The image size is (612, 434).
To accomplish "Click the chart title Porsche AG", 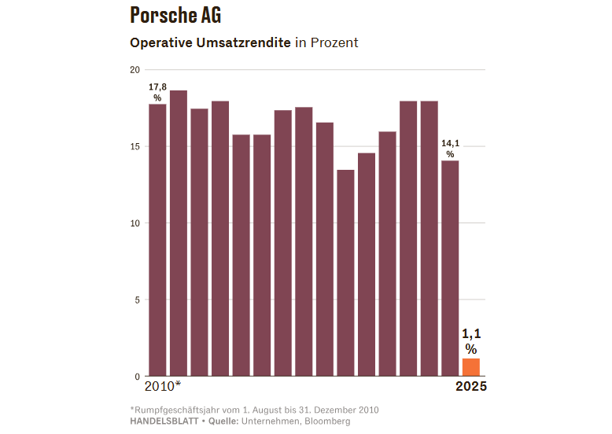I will pos(175,15).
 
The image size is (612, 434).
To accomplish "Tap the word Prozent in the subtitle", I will pos(334,42).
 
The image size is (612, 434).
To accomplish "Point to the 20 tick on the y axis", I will pos(135,70).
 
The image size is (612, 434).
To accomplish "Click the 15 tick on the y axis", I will pos(135,147).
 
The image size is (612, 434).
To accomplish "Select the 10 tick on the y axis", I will pos(135,223).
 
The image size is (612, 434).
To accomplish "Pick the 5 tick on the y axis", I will pos(137,300).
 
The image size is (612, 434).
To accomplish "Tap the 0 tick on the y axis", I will pos(137,377).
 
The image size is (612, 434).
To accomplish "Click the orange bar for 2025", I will pos(471,368).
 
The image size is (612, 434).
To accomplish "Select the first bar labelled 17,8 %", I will pos(157,240).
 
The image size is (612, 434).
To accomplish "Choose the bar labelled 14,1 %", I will pos(450,268).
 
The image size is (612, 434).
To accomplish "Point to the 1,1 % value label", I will pos(470,341).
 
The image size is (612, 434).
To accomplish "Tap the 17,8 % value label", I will pos(157,92).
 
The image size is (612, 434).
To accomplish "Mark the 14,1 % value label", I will pos(450,149).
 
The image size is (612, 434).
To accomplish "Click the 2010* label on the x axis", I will pos(163,386).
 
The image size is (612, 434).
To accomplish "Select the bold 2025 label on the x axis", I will pos(471,386).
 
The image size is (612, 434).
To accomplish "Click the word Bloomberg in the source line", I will pos(326,421).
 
